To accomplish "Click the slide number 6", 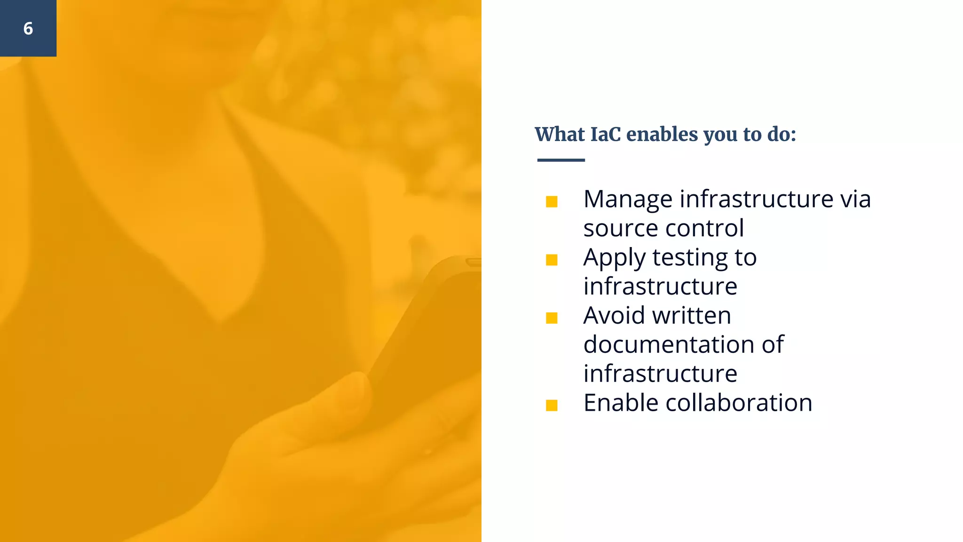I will pos(28,29).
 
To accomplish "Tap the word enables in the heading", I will pos(662,135).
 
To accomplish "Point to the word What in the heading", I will pos(560,135).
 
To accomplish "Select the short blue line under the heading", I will pos(561,160).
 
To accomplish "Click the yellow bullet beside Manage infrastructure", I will pos(552,202).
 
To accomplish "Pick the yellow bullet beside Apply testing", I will pos(552,260).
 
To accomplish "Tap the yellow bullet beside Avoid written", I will pos(552,319).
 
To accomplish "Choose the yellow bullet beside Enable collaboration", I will pos(552,406).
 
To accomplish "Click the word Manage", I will pos(628,199).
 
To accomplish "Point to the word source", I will pos(621,229).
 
